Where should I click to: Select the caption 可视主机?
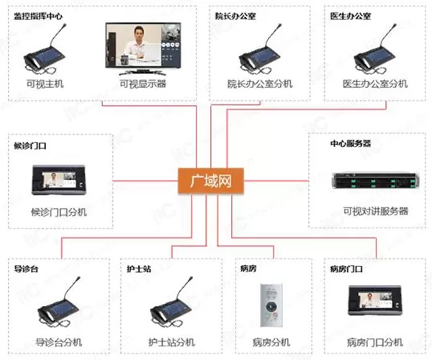pyautogui.click(x=45, y=84)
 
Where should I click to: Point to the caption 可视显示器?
pyautogui.click(x=143, y=84)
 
